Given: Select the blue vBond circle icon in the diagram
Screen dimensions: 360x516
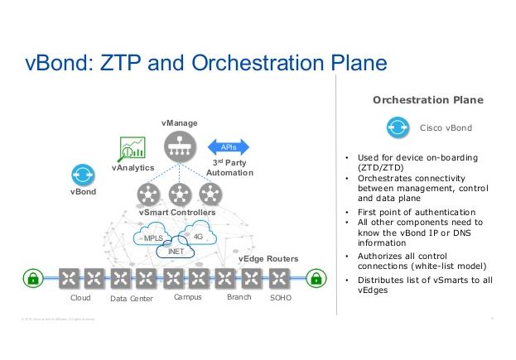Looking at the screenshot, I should [x=84, y=175].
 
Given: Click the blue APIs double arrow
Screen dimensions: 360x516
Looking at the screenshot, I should [x=229, y=146].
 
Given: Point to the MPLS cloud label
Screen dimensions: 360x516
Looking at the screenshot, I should [x=154, y=238].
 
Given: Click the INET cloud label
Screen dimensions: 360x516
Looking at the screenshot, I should [x=176, y=251].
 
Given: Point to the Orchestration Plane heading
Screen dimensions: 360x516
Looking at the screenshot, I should [x=428, y=100].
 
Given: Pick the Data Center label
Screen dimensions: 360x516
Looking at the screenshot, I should [x=132, y=298].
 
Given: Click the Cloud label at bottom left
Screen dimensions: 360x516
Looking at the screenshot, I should [x=80, y=298].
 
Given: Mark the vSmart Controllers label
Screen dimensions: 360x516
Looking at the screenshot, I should [x=177, y=213].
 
